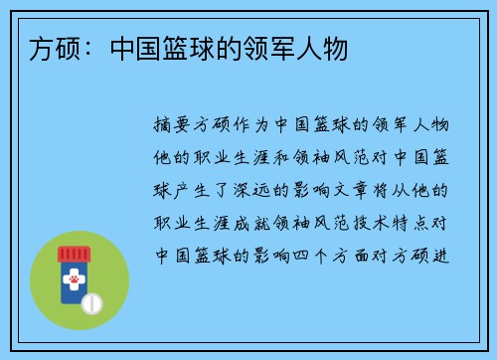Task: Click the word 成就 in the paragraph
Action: [252, 221]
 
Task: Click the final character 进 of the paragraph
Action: [440, 253]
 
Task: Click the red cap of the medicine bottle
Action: [73, 253]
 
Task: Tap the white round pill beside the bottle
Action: [90, 301]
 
